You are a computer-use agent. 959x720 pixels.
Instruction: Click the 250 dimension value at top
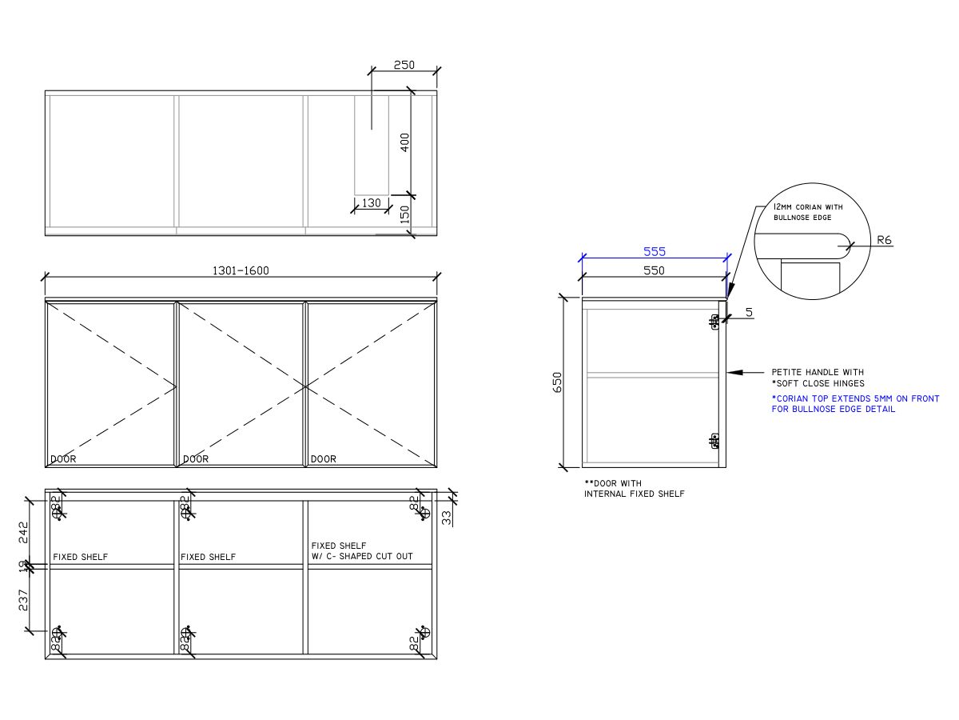[x=404, y=65]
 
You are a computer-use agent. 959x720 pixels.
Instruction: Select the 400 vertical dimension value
[x=404, y=142]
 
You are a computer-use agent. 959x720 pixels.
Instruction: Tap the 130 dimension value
[x=372, y=203]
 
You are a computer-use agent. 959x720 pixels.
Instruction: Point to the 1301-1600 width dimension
[x=241, y=270]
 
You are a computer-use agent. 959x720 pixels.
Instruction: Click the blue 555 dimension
[x=655, y=251]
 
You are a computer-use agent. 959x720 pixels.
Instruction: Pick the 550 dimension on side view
[x=654, y=270]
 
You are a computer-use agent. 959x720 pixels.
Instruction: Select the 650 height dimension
[x=557, y=382]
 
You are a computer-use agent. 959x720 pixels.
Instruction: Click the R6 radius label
[x=883, y=239]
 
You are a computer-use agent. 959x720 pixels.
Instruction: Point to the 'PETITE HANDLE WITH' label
[x=818, y=372]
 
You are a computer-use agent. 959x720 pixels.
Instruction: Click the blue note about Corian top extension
[x=855, y=404]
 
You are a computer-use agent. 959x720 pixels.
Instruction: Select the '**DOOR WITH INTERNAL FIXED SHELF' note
[x=635, y=489]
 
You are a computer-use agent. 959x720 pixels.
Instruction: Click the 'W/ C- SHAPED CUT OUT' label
[x=362, y=556]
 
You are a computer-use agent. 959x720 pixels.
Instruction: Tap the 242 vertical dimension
[x=23, y=532]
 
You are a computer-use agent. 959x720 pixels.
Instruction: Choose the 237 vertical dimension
[x=23, y=600]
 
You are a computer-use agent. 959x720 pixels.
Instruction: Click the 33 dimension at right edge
[x=446, y=518]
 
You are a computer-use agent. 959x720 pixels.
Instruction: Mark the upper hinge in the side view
[x=714, y=322]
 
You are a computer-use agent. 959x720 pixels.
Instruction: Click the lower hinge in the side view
[x=714, y=440]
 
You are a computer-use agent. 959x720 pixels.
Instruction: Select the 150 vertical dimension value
[x=404, y=214]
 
